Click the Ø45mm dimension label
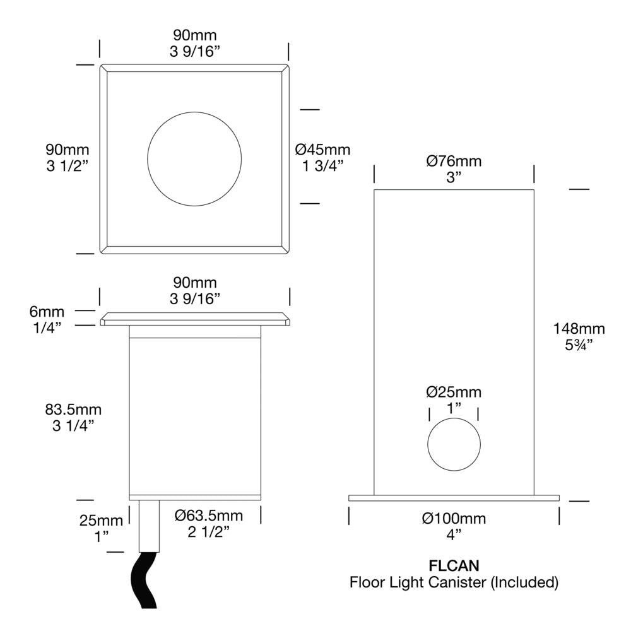coord(322,150)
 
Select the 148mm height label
coord(579,328)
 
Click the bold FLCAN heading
coord(454,565)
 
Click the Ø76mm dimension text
coord(454,161)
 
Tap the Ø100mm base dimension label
coord(454,519)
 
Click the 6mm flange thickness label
coord(47,312)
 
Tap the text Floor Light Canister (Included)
coord(454,582)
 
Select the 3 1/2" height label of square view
coord(67,166)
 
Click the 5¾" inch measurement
coord(579,345)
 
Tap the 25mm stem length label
coord(101,521)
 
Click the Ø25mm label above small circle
coord(454,392)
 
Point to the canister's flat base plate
coord(454,498)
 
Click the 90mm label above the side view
coord(194,281)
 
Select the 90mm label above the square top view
coord(194,35)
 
